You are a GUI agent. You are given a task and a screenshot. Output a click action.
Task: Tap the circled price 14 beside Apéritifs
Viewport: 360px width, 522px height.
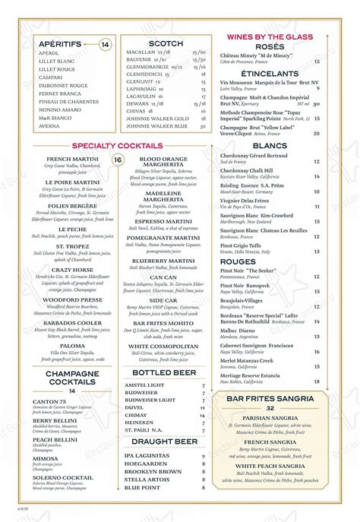106,45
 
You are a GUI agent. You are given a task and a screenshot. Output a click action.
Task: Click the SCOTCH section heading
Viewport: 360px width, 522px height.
166,44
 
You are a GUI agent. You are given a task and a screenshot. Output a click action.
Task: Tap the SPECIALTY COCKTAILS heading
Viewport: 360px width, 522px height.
117,145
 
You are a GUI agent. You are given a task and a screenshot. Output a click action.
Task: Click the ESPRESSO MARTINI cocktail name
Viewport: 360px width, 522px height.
163,220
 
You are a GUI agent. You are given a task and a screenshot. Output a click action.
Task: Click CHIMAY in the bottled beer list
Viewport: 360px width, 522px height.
136,415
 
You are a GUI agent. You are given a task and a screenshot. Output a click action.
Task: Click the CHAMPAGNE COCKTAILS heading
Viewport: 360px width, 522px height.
72,378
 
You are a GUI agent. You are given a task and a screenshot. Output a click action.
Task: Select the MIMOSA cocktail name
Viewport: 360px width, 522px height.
46,458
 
